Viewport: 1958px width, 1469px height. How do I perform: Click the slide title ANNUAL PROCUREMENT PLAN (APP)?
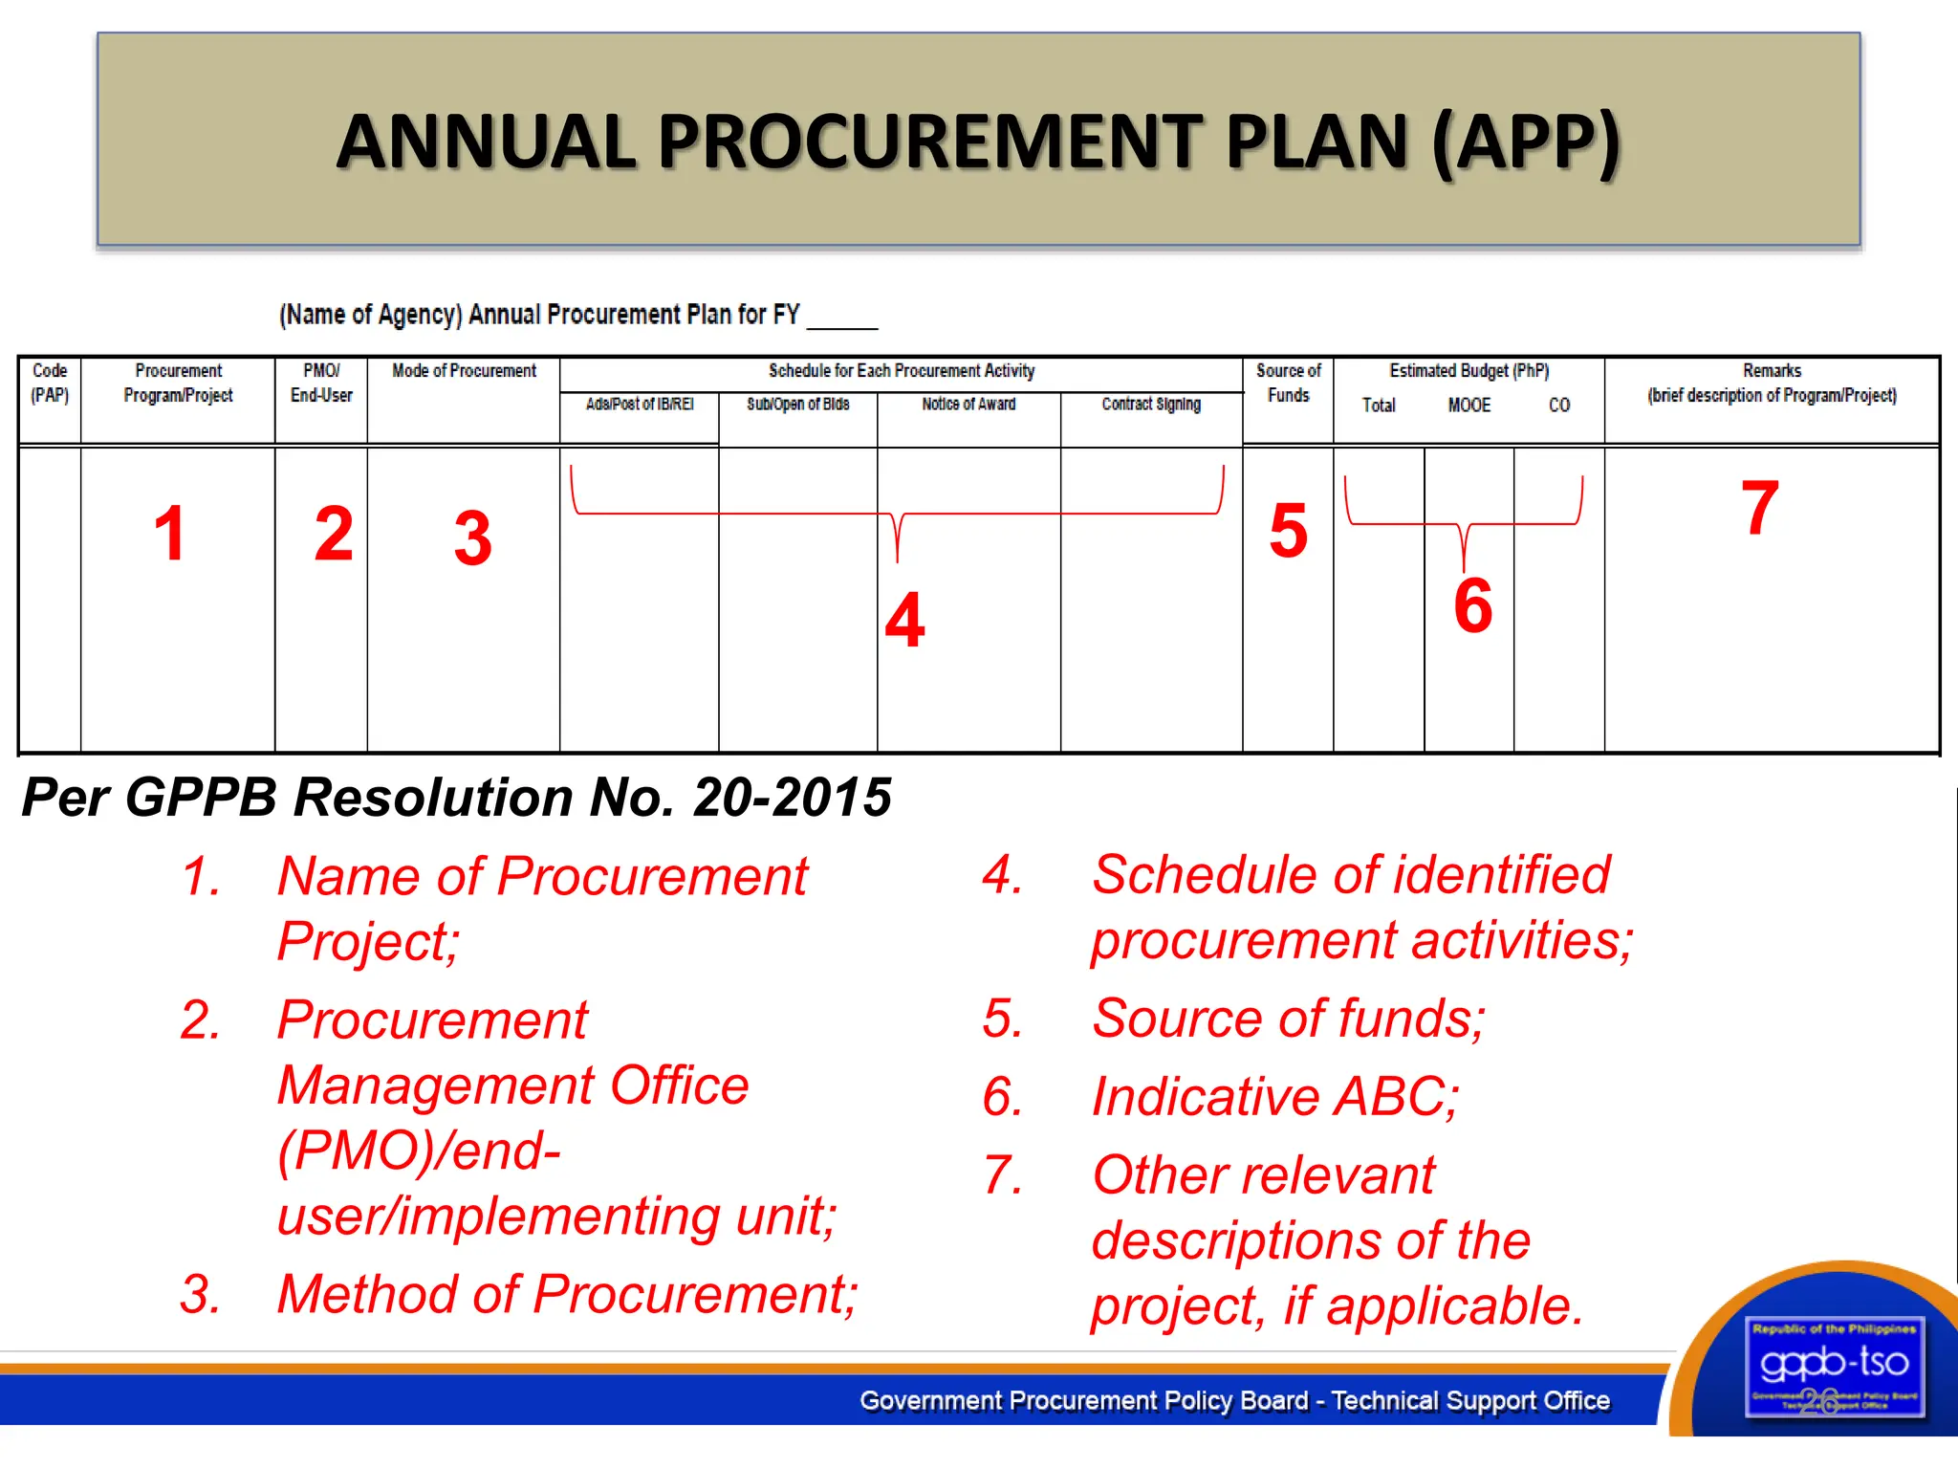coord(978,142)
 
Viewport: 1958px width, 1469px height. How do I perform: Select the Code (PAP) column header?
coord(50,383)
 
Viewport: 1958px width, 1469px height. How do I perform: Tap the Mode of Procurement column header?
coord(464,371)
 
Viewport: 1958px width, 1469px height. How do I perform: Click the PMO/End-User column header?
coord(321,383)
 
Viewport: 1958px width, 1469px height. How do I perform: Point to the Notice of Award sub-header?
coord(968,405)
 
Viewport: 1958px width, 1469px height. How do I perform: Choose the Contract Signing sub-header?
coord(1151,405)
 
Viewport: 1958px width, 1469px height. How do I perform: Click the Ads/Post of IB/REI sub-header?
coord(640,405)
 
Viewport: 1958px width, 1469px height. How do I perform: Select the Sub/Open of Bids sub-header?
coord(798,405)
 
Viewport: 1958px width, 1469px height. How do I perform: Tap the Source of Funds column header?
coord(1288,383)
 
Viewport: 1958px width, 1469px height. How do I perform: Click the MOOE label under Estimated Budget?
coord(1468,406)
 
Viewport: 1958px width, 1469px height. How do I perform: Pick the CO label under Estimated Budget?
coord(1559,406)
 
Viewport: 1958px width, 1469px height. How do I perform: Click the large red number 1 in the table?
coord(169,534)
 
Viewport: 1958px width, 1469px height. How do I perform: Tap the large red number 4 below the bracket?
coord(904,620)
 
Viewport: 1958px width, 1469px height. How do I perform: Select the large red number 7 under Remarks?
coord(1759,508)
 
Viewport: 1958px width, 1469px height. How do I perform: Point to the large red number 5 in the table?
coord(1288,531)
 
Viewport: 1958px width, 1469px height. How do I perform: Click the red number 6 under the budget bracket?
coord(1472,605)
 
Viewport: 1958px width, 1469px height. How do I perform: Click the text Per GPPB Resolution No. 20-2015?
coord(456,797)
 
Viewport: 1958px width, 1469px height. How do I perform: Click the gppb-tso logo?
coord(1834,1366)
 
